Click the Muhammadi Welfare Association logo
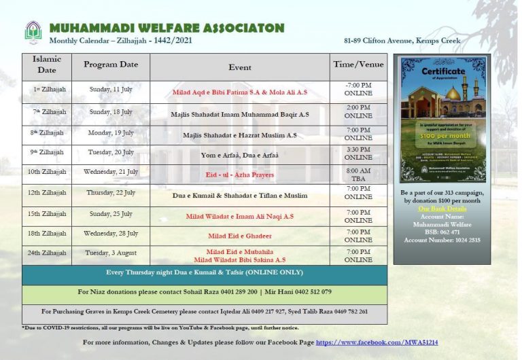(33, 32)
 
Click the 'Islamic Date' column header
(47, 65)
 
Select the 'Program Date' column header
(111, 65)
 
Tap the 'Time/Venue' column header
(358, 65)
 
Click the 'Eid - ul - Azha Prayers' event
(239, 175)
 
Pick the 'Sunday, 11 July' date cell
(111, 90)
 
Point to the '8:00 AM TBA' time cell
(358, 175)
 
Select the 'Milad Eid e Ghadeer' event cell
(239, 236)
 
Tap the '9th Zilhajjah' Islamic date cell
(47, 152)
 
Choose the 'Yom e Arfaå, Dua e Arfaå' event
(239, 156)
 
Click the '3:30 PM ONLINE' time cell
(358, 154)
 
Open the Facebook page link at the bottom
(377, 342)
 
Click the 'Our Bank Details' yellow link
(441, 209)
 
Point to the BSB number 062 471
(442, 232)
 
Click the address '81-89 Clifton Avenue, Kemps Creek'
(402, 41)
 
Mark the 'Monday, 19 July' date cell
(111, 133)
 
